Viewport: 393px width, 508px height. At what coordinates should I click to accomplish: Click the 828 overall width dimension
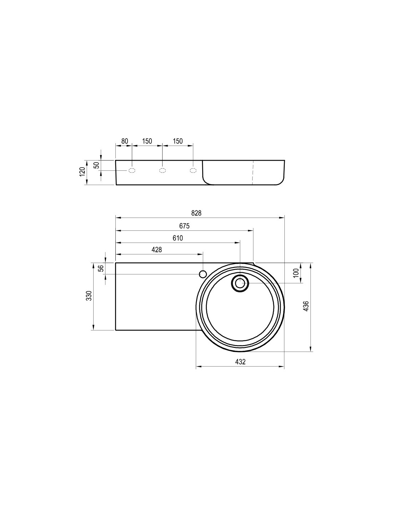[196, 213]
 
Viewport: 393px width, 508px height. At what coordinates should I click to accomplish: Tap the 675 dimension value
[184, 226]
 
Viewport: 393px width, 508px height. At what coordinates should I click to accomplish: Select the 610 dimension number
[178, 238]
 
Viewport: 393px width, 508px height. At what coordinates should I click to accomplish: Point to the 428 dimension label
[156, 250]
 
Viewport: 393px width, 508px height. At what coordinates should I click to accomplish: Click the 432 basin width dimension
[240, 362]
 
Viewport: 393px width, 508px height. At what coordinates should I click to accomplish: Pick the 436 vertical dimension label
[306, 306]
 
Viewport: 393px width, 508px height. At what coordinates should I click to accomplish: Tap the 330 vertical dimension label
[89, 296]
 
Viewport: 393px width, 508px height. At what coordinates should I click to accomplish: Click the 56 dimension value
[101, 268]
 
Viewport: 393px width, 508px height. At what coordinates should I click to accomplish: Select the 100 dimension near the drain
[296, 273]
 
